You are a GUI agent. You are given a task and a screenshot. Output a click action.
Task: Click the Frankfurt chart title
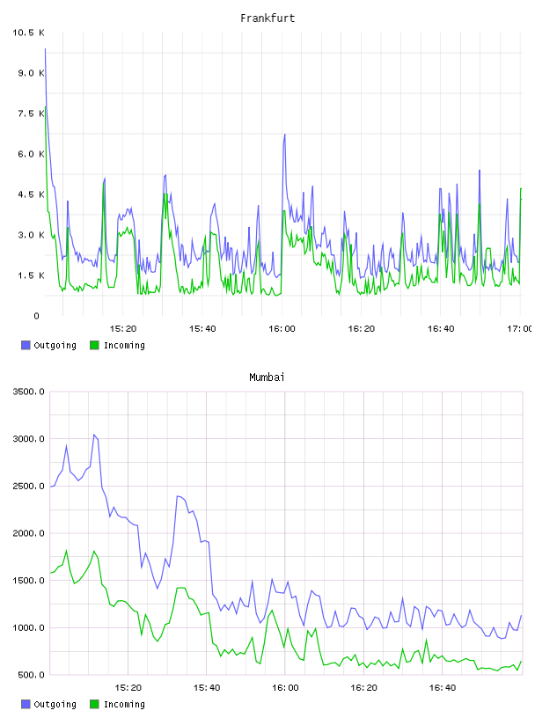tap(267, 18)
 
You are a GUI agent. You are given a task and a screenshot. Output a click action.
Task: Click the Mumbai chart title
tap(267, 377)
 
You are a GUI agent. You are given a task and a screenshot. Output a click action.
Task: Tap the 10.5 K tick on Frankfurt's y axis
tap(28, 33)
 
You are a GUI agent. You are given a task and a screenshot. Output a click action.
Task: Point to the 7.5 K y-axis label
tap(31, 114)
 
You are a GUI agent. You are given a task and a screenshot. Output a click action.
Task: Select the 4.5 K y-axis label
tap(31, 194)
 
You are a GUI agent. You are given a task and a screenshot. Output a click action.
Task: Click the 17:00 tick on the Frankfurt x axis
tap(519, 329)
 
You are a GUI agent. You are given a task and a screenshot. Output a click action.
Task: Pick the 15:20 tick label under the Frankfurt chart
tap(123, 329)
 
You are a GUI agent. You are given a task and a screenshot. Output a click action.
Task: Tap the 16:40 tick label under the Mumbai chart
tap(442, 688)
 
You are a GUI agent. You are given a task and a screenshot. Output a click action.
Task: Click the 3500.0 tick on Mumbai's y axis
tap(28, 392)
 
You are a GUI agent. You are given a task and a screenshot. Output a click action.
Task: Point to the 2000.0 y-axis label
tap(28, 533)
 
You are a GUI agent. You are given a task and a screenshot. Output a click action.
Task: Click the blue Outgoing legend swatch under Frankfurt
tap(26, 345)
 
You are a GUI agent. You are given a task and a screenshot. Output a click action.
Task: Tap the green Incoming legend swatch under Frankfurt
tap(94, 345)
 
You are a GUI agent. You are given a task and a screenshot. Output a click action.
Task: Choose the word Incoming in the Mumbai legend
tap(124, 704)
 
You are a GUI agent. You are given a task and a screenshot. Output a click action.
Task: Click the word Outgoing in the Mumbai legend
tap(55, 704)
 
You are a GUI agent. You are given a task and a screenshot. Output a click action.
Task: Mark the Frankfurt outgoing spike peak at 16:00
tap(284, 135)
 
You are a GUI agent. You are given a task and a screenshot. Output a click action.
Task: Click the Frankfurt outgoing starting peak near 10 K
tap(46, 48)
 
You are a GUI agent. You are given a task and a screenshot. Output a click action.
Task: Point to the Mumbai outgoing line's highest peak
tap(94, 435)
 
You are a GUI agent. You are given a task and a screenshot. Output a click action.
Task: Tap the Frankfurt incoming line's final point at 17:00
tap(521, 188)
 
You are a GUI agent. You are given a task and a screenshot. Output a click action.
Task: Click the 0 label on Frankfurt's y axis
tap(37, 316)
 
